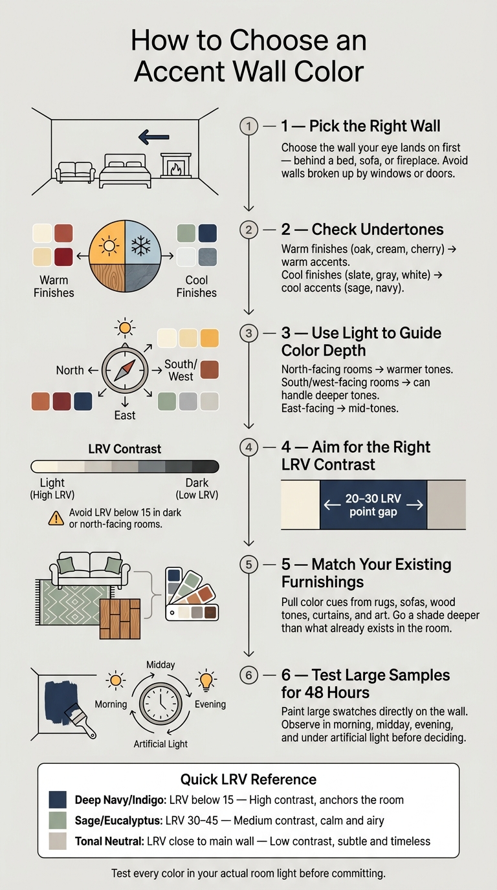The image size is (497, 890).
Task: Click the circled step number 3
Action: pyautogui.click(x=248, y=333)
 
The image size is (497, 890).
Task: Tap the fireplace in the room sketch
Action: pyautogui.click(x=176, y=166)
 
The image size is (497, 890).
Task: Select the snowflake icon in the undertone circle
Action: pyautogui.click(x=141, y=244)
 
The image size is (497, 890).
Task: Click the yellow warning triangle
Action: pyautogui.click(x=56, y=518)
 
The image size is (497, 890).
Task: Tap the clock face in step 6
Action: pyautogui.click(x=160, y=704)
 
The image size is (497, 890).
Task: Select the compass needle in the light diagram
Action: pyautogui.click(x=125, y=371)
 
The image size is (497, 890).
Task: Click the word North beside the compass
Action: pyautogui.click(x=70, y=371)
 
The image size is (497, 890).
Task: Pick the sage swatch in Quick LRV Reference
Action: pyautogui.click(x=58, y=820)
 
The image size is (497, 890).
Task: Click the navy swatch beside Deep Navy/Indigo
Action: pyautogui.click(x=58, y=799)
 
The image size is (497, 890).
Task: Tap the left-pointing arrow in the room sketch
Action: pyautogui.click(x=154, y=137)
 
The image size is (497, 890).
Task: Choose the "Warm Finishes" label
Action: pyautogui.click(x=54, y=287)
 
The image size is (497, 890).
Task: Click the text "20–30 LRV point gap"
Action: pyautogui.click(x=373, y=505)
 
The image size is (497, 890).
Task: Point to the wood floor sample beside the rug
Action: pyautogui.click(x=120, y=619)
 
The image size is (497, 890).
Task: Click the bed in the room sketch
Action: pyautogui.click(x=125, y=171)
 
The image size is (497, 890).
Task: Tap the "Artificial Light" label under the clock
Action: pyautogui.click(x=160, y=744)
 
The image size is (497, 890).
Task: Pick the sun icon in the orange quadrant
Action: pyautogui.click(x=109, y=246)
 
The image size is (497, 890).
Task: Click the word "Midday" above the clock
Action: pyautogui.click(x=160, y=665)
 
